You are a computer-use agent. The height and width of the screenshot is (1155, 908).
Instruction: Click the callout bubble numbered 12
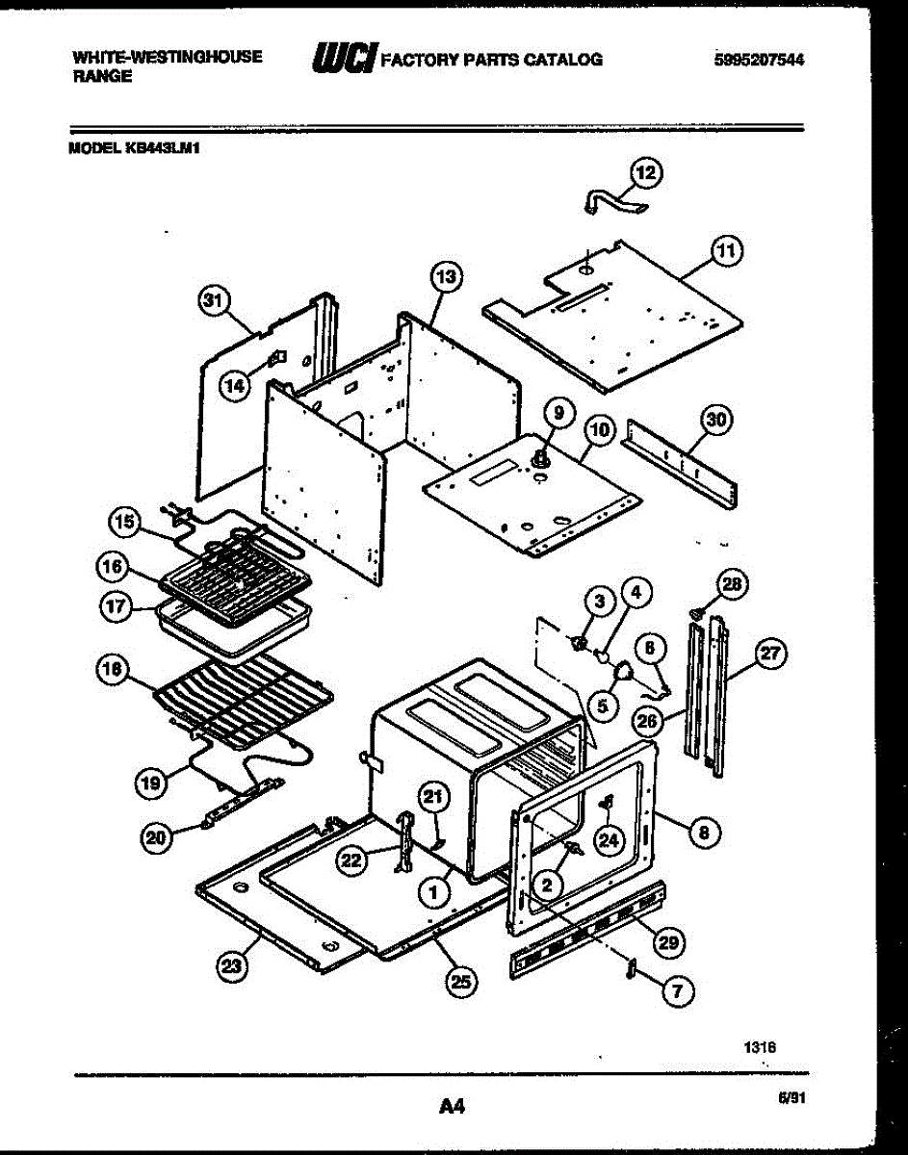coord(647,173)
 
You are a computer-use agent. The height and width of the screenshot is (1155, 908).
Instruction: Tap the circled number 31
coord(212,301)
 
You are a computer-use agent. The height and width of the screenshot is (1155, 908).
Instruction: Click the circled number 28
coord(733,584)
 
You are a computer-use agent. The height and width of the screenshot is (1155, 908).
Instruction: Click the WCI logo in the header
coord(342,61)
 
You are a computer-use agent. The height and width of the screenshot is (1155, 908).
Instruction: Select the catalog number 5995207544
coord(758,59)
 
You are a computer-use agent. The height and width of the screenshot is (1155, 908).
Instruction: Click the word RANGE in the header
coord(102,76)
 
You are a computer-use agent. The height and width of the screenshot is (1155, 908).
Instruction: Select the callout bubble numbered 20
coord(155,838)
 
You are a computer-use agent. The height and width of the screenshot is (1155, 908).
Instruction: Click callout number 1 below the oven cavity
coord(434,893)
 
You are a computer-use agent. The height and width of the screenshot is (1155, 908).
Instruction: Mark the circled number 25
coord(461,982)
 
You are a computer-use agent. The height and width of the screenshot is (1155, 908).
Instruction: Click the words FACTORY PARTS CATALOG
coord(492,60)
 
